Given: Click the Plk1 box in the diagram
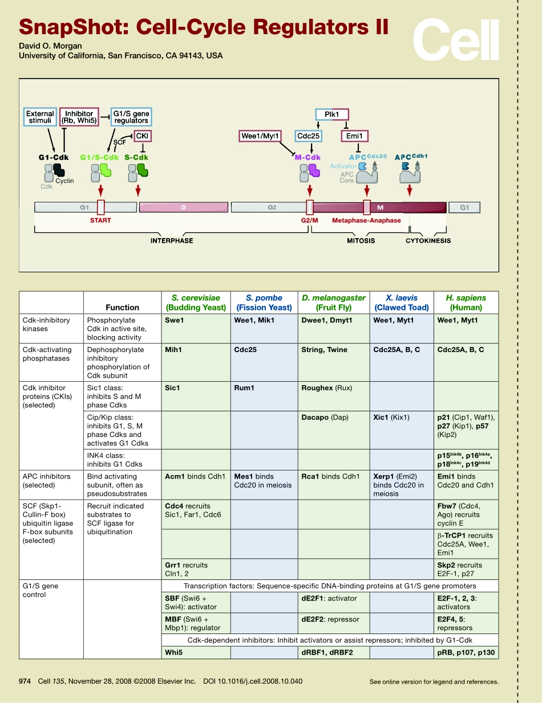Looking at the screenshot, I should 332,115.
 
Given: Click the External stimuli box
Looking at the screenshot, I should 40,117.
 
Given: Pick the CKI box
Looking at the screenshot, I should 143,136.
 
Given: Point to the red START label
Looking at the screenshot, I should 100,220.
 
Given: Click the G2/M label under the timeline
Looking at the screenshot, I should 309,220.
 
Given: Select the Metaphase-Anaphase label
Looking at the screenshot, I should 366,220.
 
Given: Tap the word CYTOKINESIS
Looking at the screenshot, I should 428,240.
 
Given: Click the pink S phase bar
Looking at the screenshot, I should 184,207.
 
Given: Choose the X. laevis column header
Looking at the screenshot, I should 402,303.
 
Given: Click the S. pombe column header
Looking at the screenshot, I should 264,303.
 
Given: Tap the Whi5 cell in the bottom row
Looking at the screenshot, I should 196,652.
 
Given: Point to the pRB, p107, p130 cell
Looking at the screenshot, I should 466,652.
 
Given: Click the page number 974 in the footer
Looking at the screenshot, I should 25,681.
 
